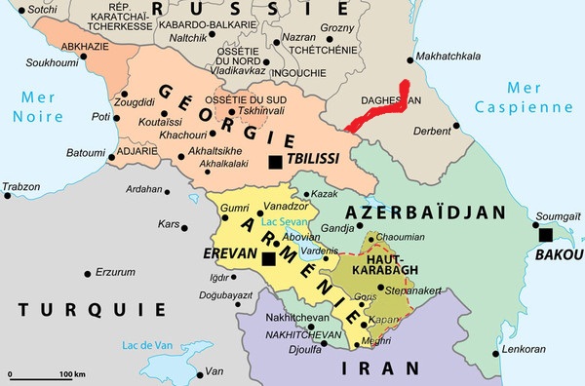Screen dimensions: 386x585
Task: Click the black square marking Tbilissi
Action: click(277, 162)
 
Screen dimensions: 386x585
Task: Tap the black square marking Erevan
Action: click(268, 258)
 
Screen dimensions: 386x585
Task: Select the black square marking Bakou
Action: click(546, 235)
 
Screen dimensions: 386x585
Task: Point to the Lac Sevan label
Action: click(286, 222)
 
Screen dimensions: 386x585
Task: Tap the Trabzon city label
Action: click(21, 185)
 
